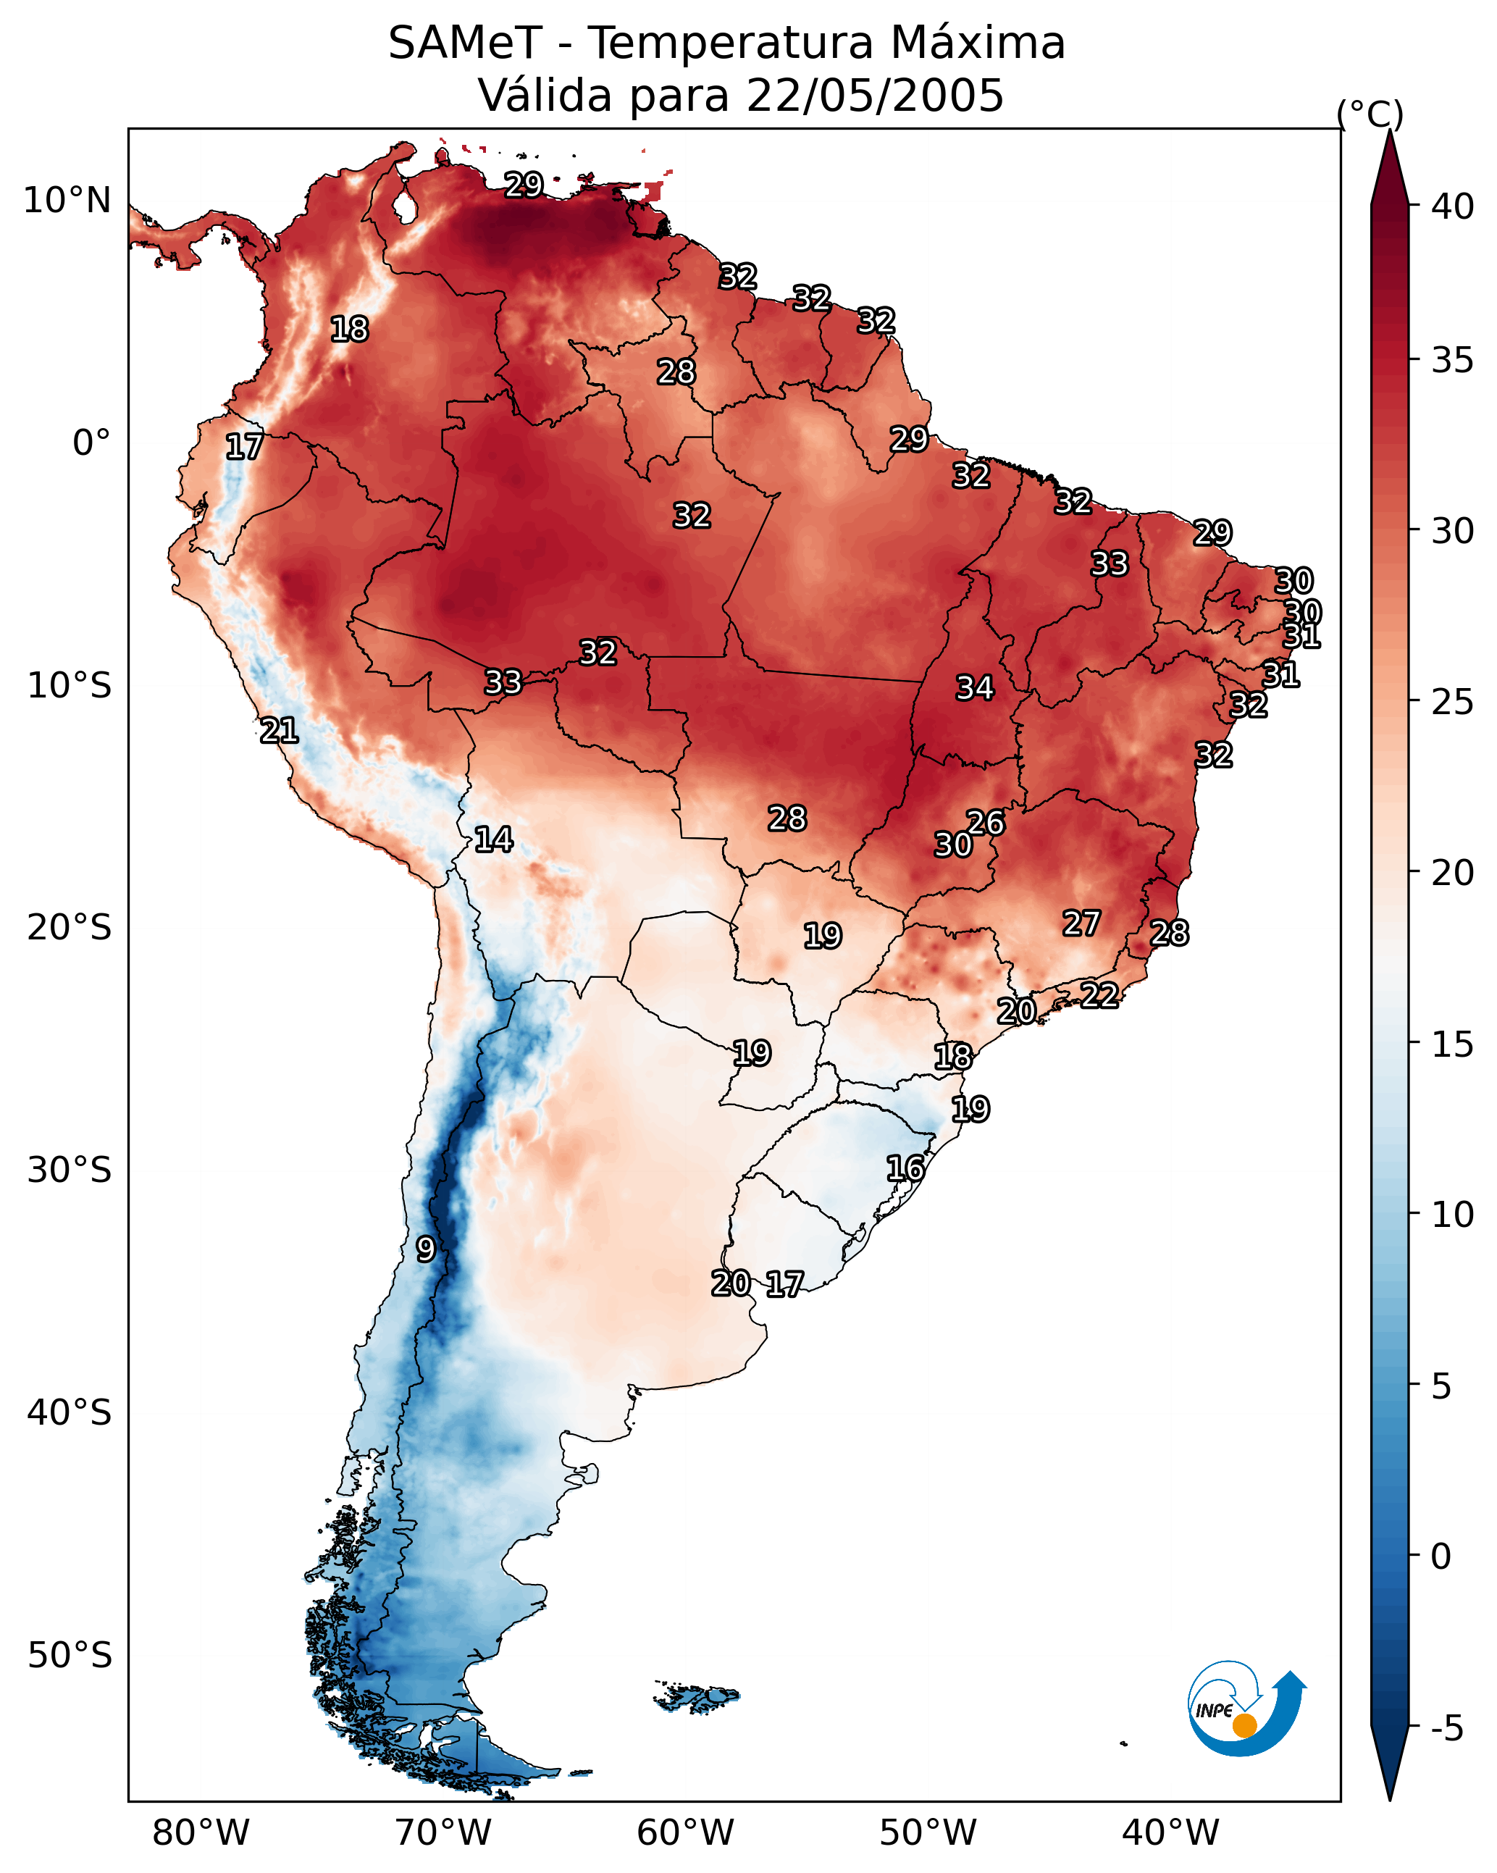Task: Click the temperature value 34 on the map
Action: point(974,688)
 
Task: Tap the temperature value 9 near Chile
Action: point(425,1249)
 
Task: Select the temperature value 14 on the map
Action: point(492,839)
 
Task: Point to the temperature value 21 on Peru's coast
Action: point(279,731)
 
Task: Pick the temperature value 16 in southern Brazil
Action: point(905,1168)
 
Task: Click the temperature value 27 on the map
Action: point(1081,923)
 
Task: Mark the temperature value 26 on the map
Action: point(985,823)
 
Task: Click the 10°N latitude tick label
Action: point(67,201)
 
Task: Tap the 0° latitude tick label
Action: point(91,443)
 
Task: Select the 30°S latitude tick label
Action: point(69,1170)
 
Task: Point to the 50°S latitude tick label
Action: point(69,1656)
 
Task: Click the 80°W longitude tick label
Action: point(201,1832)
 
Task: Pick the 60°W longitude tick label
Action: point(686,1832)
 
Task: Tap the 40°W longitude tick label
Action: point(1170,1832)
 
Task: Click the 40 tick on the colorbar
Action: point(1452,206)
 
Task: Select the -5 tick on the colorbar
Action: point(1446,1729)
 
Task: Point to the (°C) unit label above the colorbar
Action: point(1370,114)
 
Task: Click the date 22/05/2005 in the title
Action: point(875,96)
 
